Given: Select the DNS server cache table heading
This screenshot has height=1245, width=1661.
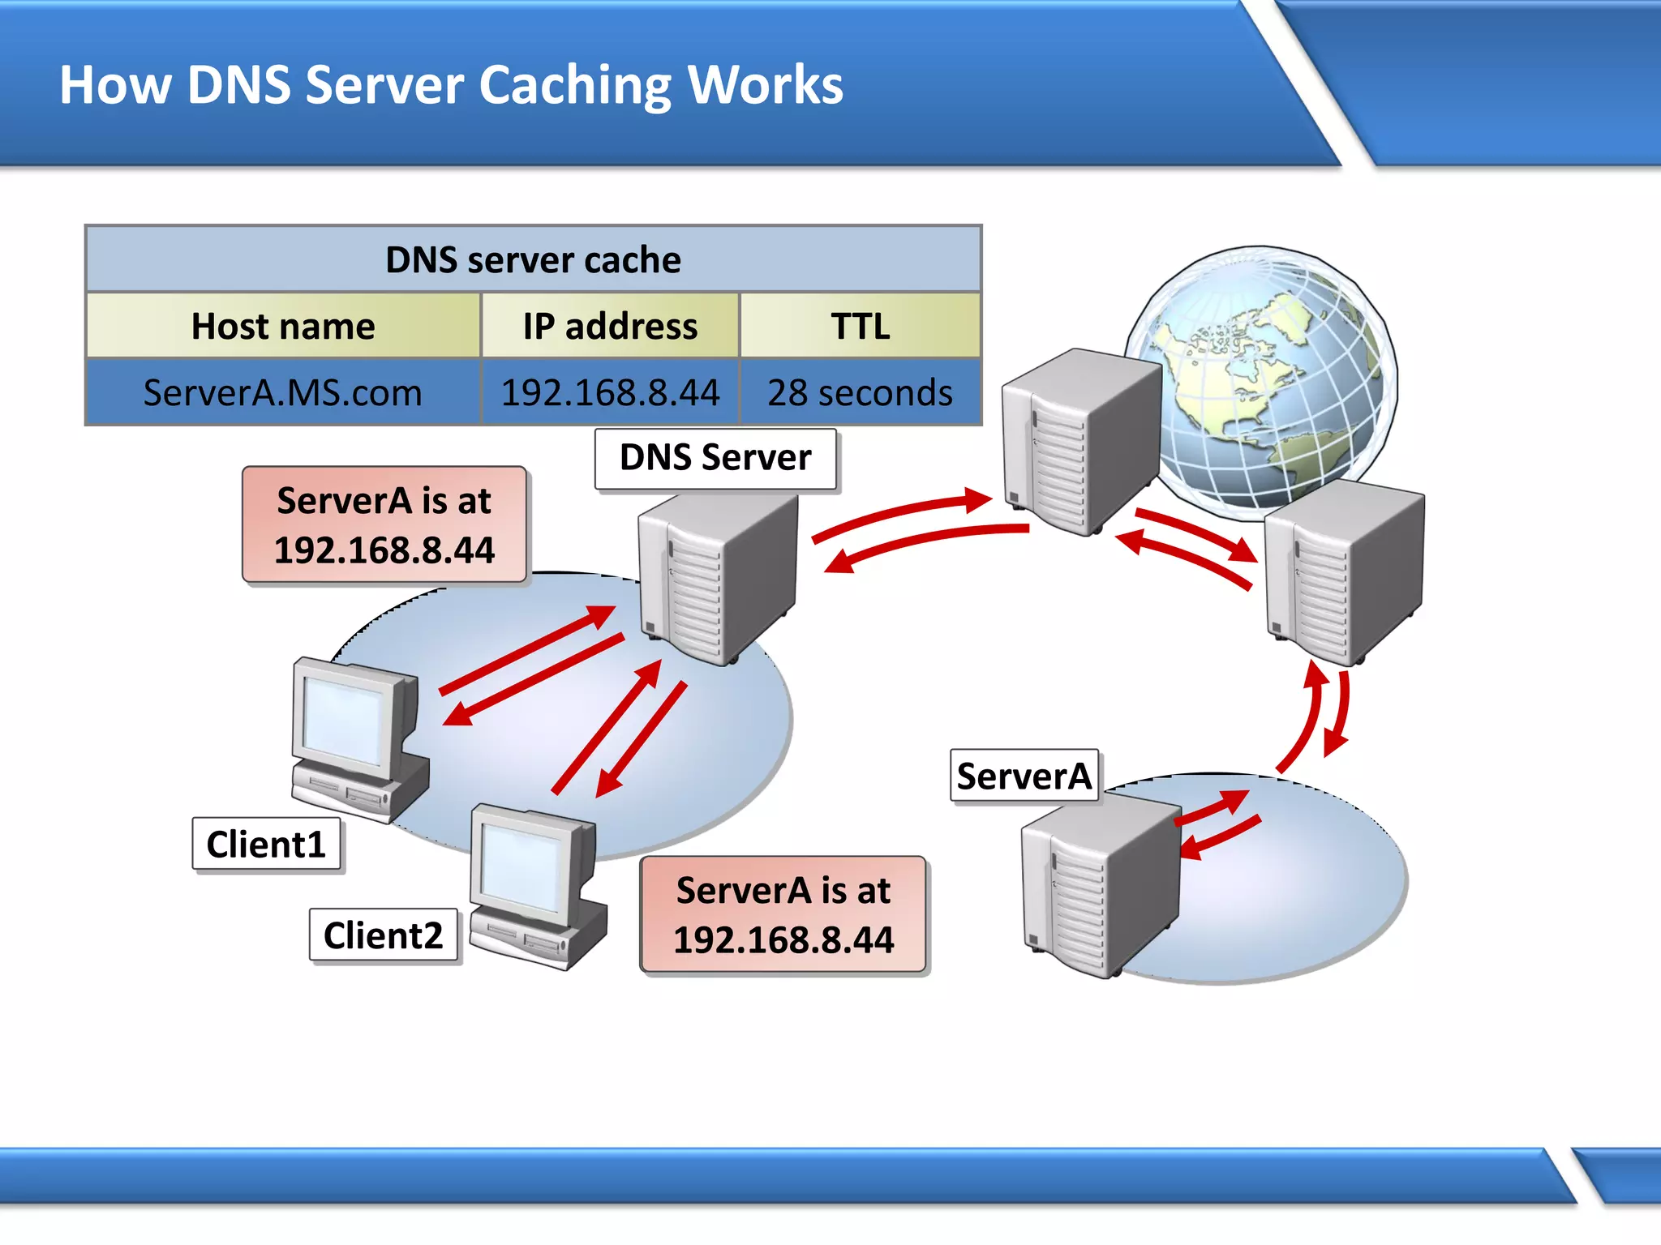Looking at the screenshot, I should click(x=533, y=260).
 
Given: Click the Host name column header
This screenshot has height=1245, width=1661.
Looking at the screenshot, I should click(x=283, y=327).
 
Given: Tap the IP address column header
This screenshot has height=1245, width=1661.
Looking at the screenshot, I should click(x=610, y=327).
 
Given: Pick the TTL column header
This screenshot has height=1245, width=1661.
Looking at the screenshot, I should click(x=860, y=327).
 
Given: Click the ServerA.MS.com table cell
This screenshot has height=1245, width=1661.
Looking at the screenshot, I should click(x=283, y=393).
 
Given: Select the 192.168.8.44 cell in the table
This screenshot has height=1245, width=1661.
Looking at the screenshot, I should click(x=610, y=393).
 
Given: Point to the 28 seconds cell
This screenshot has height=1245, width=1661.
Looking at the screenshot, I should click(x=860, y=393).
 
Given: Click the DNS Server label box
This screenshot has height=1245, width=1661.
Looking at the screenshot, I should click(x=715, y=459).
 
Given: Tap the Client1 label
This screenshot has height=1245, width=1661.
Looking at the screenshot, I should click(x=266, y=845).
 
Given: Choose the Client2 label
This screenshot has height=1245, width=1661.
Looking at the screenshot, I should click(x=384, y=935).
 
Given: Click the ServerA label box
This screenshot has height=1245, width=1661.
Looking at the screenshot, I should click(x=1024, y=777).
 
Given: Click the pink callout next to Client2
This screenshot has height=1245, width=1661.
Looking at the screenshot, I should click(x=783, y=915).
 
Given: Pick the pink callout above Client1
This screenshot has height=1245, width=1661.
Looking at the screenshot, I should click(x=384, y=525).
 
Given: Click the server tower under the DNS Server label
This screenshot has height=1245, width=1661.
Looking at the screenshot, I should click(x=718, y=580).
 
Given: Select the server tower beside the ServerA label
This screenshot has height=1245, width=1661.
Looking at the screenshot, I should click(x=1099, y=888).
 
